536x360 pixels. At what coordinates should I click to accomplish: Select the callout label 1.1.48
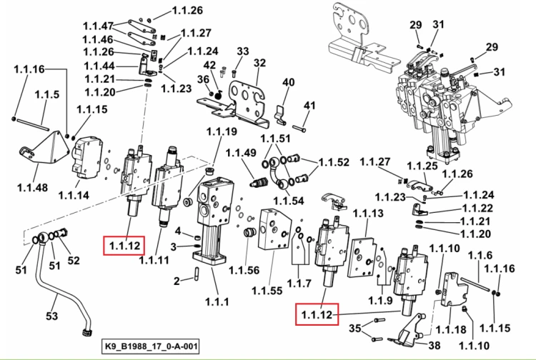point(32,187)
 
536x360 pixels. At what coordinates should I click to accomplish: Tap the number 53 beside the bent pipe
point(51,316)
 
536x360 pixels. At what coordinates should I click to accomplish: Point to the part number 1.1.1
point(217,301)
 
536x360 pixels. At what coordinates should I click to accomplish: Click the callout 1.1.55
point(267,291)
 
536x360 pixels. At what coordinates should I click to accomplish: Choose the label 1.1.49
point(241,153)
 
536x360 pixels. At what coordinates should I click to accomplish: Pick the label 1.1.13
point(368,214)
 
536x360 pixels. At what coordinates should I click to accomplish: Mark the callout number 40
point(288,82)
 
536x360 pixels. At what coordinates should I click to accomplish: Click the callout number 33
point(243,51)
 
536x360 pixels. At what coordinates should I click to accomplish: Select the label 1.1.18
point(451,329)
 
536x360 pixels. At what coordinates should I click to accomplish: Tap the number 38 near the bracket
point(434,345)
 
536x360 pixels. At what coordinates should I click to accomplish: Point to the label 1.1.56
point(244,270)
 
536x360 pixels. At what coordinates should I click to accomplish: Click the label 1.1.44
point(99,66)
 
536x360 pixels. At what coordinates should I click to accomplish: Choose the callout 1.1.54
point(288,201)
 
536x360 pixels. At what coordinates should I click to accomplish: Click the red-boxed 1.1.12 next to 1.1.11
point(124,246)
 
